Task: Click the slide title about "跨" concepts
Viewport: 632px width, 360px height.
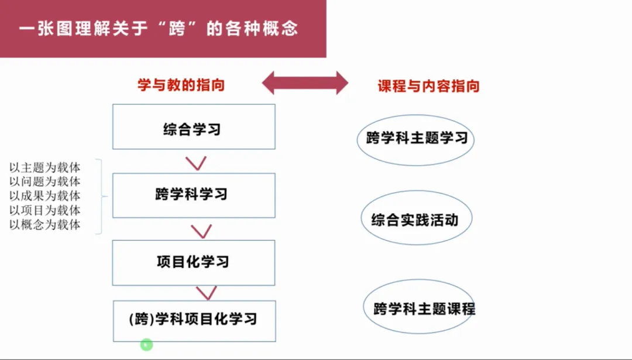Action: coord(158,29)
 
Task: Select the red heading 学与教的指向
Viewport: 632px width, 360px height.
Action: coord(181,85)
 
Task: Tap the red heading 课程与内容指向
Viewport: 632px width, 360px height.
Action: coord(428,86)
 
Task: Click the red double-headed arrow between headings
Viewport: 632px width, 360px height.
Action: coord(305,83)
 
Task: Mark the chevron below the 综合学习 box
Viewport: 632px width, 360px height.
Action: coord(196,163)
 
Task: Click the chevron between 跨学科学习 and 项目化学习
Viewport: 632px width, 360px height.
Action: coord(201,231)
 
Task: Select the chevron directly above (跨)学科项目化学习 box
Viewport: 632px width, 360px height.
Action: coord(207,293)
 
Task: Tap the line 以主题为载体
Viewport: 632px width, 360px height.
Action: coord(44,167)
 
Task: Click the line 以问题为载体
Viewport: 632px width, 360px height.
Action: coord(44,181)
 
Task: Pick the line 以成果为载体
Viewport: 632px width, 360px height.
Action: coord(44,196)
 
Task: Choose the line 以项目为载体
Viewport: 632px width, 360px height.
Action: coord(44,210)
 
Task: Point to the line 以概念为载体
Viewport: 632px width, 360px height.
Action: coord(44,225)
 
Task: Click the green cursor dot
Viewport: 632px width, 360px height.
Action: coord(147,345)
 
